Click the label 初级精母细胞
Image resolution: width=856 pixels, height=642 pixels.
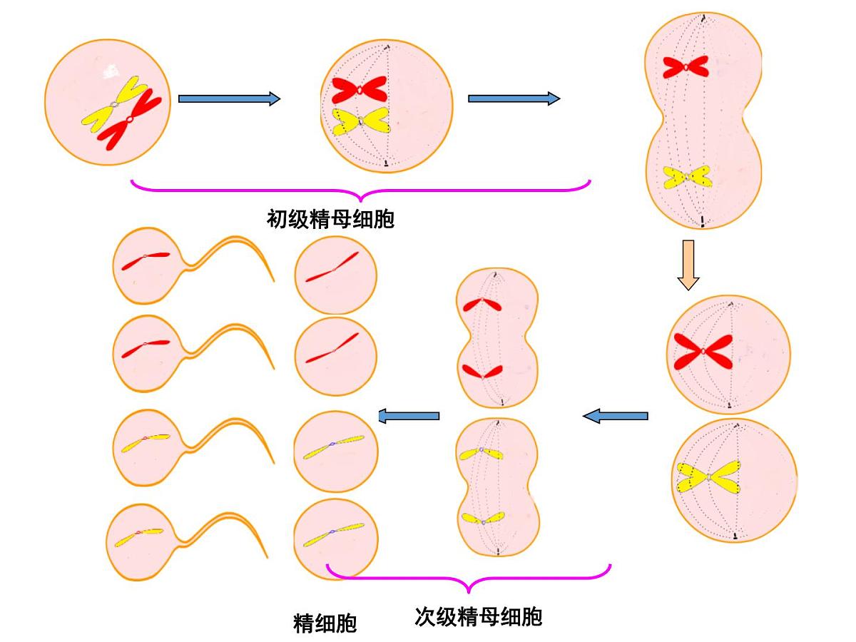[x=330, y=218]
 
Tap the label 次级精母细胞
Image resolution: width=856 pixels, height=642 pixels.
[x=478, y=616]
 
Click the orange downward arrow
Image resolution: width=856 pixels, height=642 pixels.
[x=688, y=265]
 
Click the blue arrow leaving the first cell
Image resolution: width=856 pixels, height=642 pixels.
[x=228, y=99]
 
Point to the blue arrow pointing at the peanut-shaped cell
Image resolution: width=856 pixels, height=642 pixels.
[x=514, y=98]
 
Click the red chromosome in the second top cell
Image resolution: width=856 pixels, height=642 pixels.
[x=359, y=89]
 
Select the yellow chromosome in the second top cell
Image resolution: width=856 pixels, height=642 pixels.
[x=360, y=122]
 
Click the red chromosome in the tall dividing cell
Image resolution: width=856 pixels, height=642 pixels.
[x=685, y=66]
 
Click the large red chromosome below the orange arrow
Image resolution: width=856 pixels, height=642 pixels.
[x=703, y=352]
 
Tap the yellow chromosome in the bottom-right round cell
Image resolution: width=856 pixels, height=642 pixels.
[x=710, y=477]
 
